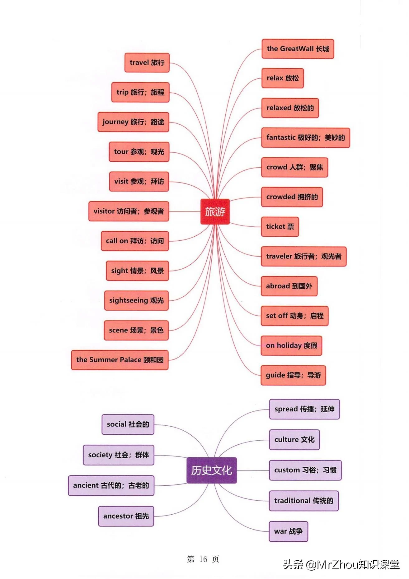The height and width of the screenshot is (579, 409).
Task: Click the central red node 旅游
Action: click(x=215, y=212)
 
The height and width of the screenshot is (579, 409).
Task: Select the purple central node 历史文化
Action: click(x=211, y=470)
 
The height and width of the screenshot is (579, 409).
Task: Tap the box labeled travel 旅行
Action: click(x=147, y=63)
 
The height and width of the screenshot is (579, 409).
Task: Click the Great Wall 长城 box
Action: click(x=298, y=49)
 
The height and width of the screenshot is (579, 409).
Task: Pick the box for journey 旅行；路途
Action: click(x=133, y=122)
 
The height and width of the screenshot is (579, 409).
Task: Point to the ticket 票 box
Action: click(x=280, y=227)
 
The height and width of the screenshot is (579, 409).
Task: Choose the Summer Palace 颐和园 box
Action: click(x=120, y=360)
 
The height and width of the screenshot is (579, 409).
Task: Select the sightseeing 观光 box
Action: click(x=136, y=300)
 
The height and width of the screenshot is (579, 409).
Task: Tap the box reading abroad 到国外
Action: click(x=289, y=286)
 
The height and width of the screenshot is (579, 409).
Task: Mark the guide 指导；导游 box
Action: click(x=293, y=375)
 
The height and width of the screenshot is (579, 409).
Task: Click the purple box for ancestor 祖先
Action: click(x=126, y=516)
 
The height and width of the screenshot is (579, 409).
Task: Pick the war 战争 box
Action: click(x=288, y=531)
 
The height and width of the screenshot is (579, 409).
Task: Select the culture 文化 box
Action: click(x=294, y=440)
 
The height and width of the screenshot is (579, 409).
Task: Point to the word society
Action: click(x=100, y=455)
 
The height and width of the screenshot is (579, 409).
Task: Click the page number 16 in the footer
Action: click(x=203, y=559)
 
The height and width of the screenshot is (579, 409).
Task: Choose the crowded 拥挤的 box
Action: click(x=292, y=197)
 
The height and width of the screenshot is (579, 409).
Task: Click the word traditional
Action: click(x=292, y=501)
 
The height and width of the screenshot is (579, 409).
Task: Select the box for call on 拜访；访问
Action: click(x=135, y=241)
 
